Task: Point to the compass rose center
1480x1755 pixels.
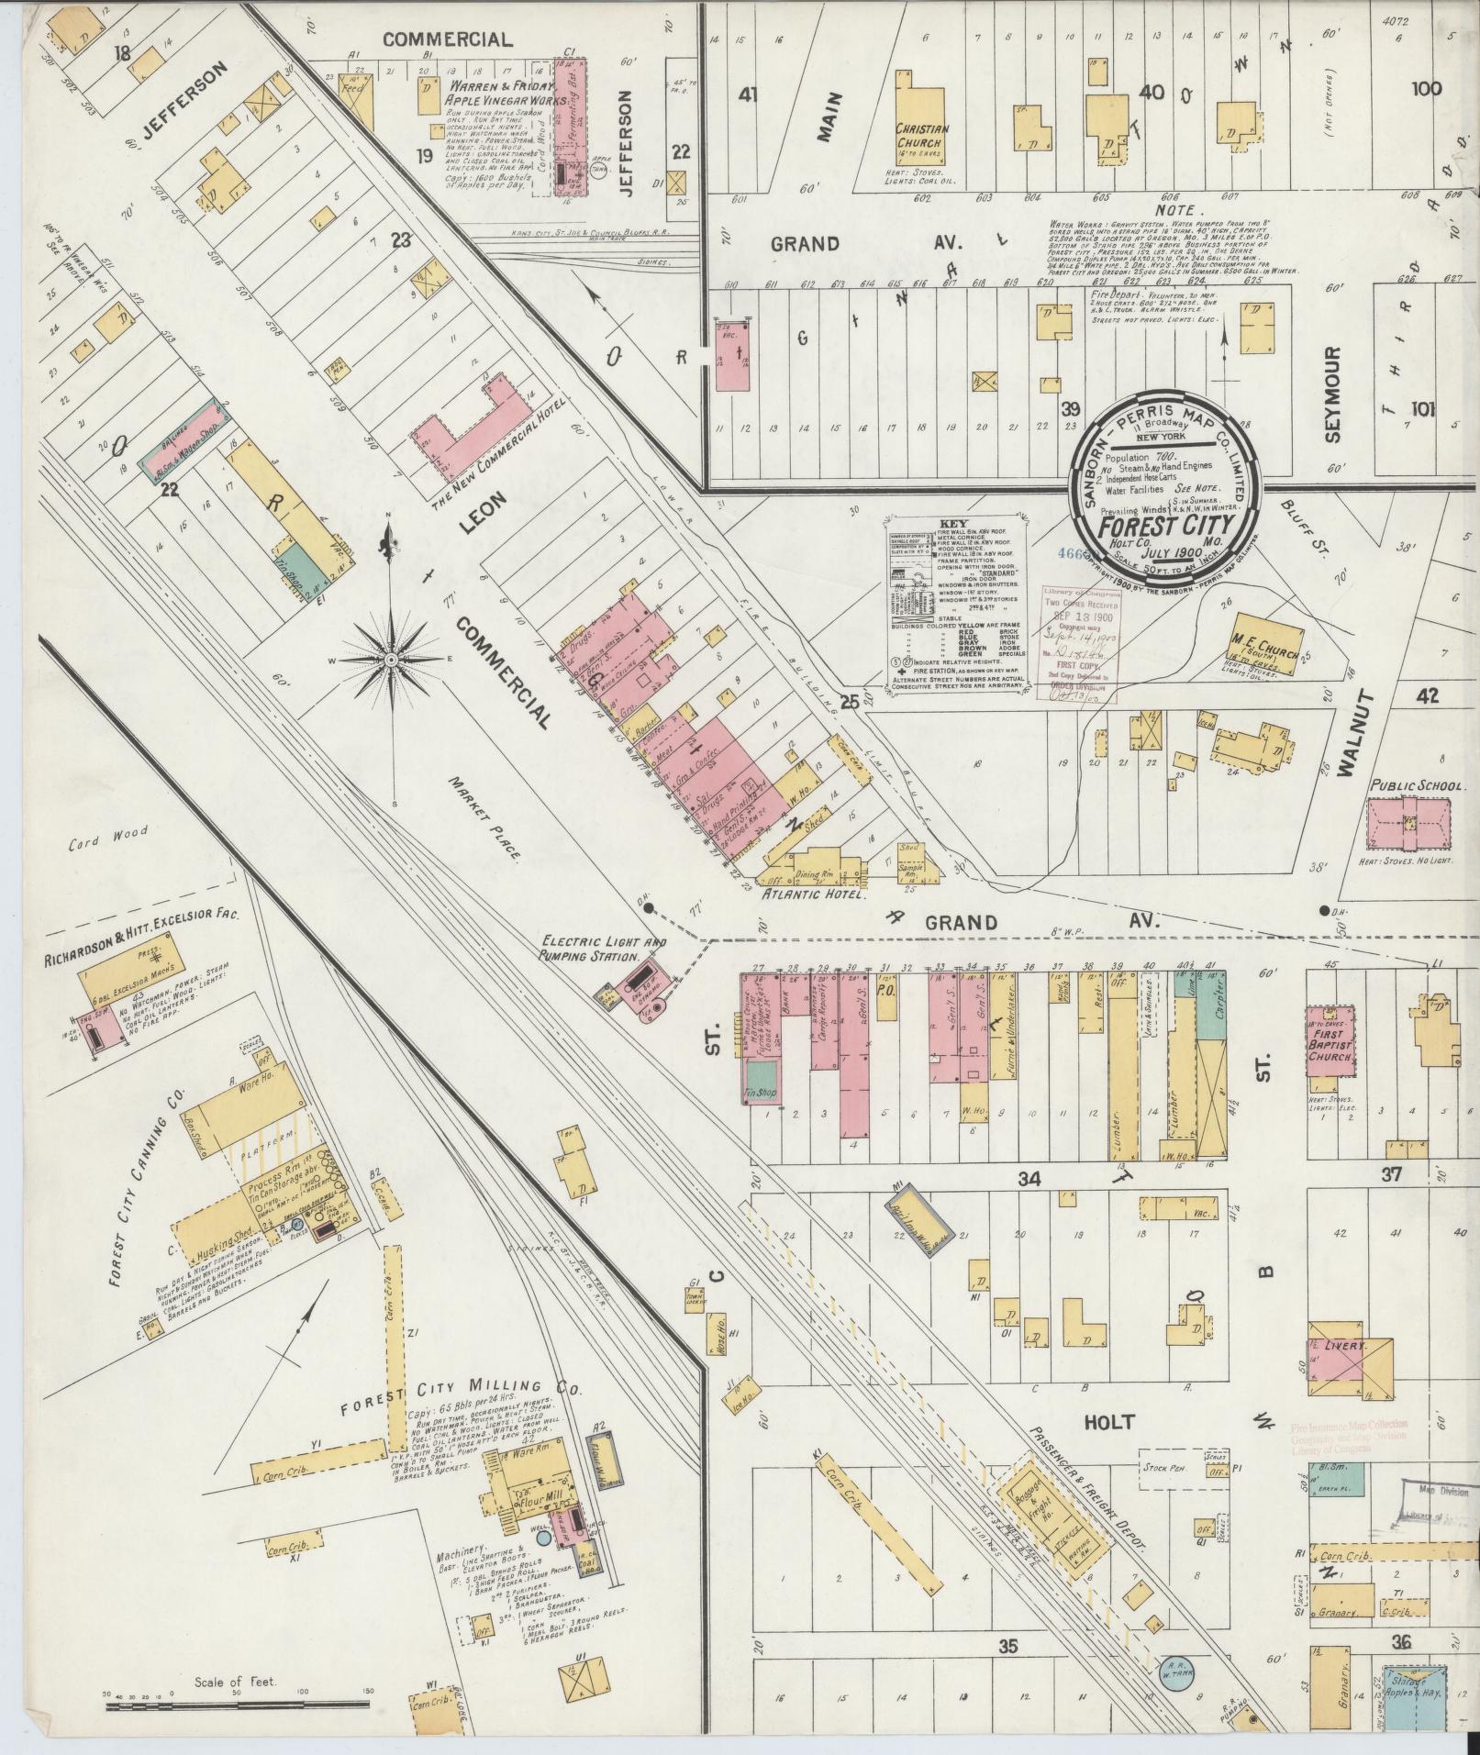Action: (392, 660)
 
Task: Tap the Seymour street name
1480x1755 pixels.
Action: (1333, 394)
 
